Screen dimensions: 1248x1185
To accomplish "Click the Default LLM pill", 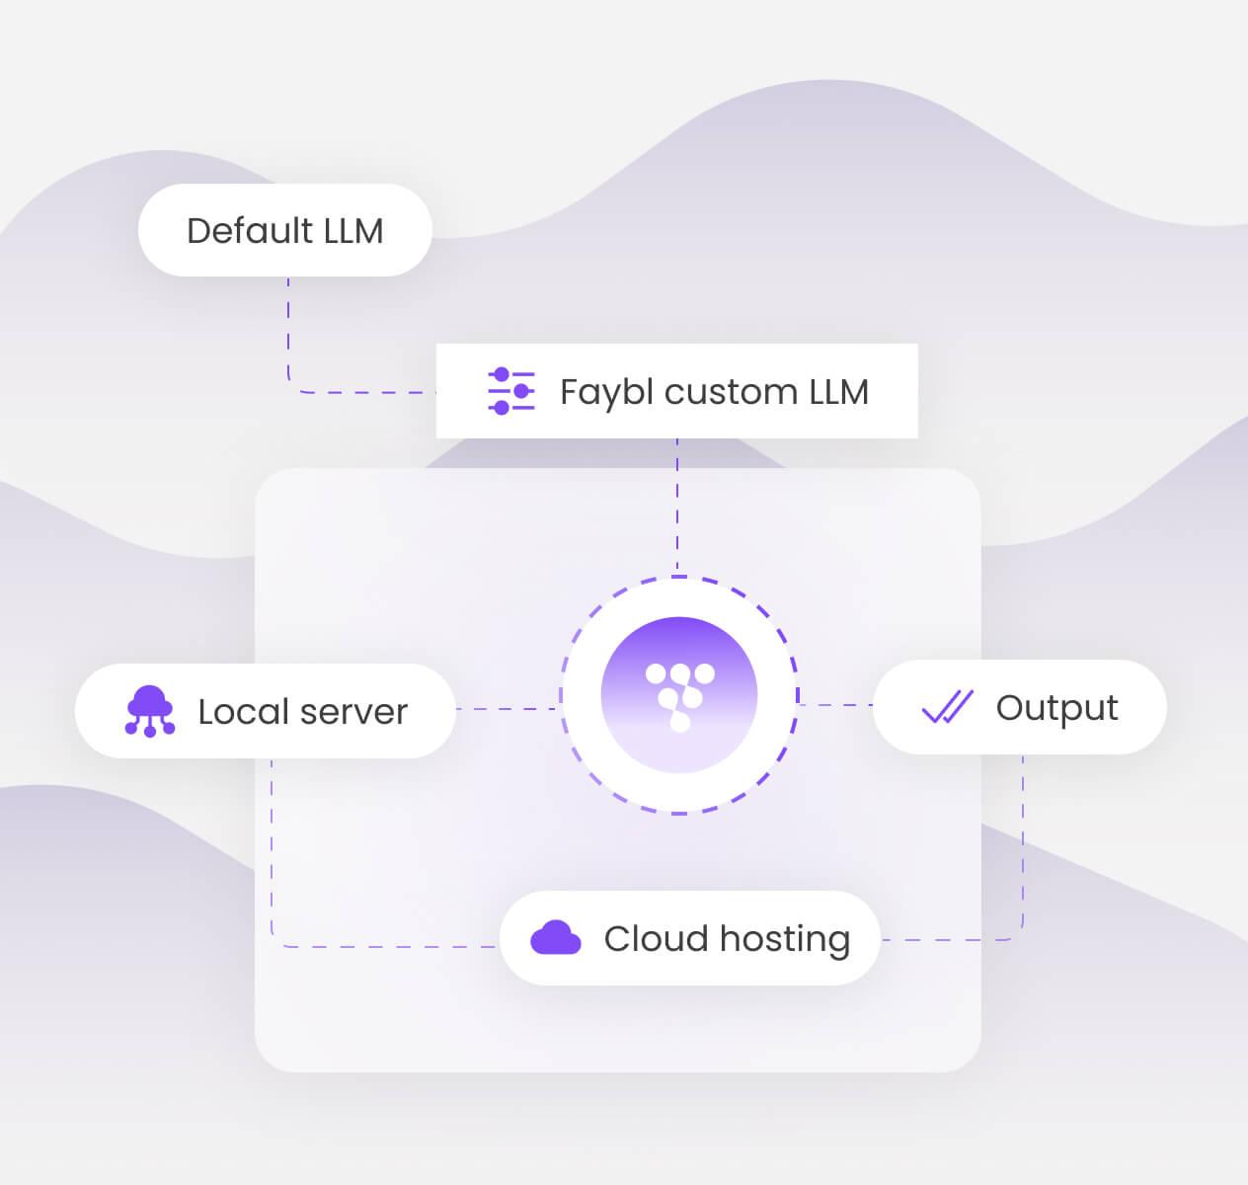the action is pyautogui.click(x=285, y=230).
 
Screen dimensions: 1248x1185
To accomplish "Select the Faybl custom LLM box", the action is pyautogui.click(x=676, y=390).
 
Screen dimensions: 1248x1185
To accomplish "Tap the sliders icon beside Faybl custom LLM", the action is pyautogui.click(x=511, y=390).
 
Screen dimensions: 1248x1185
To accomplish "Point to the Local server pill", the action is pyautogui.click(x=266, y=711).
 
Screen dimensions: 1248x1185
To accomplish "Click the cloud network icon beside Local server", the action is pyautogui.click(x=150, y=711).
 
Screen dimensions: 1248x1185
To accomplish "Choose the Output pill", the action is pyautogui.click(x=1020, y=707).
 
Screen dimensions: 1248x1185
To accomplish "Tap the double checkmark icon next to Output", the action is pyautogui.click(x=947, y=707).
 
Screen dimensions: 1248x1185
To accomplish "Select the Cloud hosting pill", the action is pyautogui.click(x=690, y=938).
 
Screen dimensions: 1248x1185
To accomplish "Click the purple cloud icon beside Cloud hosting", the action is pyautogui.click(x=556, y=938).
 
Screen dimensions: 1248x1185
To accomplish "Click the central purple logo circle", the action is pyautogui.click(x=679, y=695).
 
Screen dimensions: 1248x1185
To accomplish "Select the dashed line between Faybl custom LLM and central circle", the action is pyautogui.click(x=677, y=507).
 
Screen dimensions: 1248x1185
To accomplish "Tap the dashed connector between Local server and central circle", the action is pyautogui.click(x=507, y=709).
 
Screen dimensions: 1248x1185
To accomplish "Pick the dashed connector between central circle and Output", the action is pyautogui.click(x=835, y=705).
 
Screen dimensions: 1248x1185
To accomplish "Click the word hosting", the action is pyautogui.click(x=785, y=940).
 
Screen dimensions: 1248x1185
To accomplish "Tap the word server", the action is pyautogui.click(x=353, y=712).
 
